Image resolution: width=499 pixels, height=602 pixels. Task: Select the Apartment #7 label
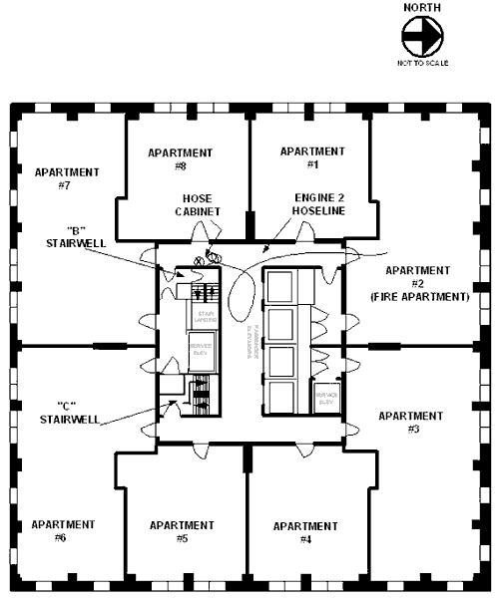pos(67,178)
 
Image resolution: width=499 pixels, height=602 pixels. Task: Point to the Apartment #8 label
pos(180,158)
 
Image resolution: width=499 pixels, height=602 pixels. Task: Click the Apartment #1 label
pos(311,156)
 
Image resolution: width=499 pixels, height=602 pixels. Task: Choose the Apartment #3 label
pos(412,422)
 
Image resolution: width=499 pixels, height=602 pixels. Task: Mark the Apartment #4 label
pos(304,532)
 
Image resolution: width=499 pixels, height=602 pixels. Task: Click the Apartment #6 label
pos(63,530)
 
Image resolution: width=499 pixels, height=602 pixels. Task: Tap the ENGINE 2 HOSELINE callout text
pos(318,204)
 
